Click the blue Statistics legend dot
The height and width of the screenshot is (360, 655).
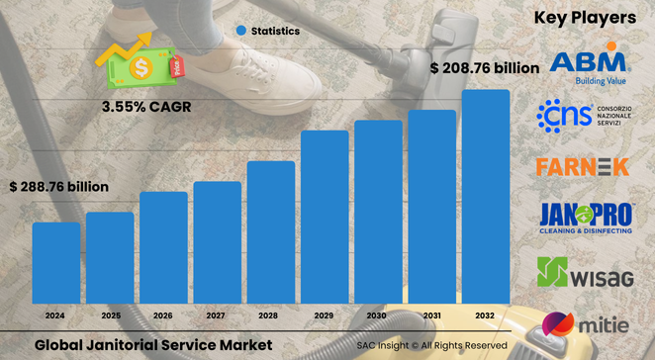pyautogui.click(x=239, y=31)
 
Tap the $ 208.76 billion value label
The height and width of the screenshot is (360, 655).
pyautogui.click(x=485, y=68)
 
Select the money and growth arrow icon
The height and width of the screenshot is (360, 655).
pyautogui.click(x=138, y=62)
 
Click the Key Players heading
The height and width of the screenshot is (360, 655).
pyautogui.click(x=584, y=18)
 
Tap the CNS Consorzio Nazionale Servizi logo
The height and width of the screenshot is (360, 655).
pyautogui.click(x=588, y=116)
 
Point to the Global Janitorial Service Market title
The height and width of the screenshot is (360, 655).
pyautogui.click(x=152, y=345)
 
